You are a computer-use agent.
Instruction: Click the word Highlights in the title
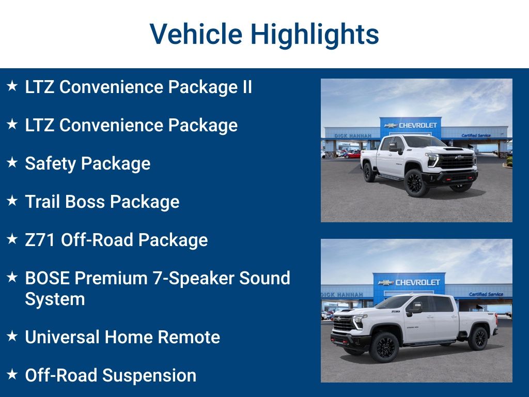315,35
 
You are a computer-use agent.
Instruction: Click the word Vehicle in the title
197,34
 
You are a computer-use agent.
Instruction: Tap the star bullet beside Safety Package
12,162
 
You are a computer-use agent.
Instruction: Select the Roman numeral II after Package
247,87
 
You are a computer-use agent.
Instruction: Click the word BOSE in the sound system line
48,278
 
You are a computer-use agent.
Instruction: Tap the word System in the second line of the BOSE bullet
55,299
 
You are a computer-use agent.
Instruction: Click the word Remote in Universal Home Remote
189,337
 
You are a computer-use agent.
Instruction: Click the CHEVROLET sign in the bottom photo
412,283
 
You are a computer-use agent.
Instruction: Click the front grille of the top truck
456,161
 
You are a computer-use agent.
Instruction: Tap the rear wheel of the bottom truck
477,338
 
